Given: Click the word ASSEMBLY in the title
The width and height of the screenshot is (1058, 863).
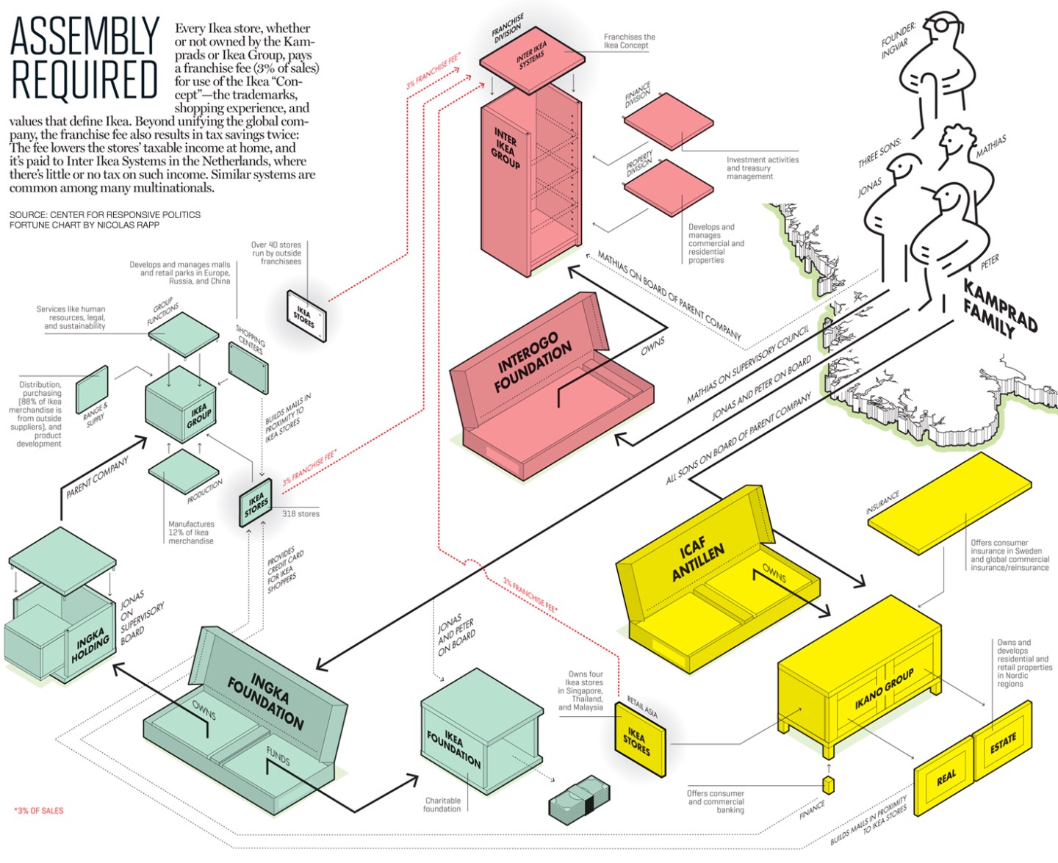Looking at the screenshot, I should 84,37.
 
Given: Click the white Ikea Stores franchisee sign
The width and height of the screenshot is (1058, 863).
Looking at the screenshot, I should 306,316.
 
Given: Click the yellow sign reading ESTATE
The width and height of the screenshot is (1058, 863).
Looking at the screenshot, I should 1002,742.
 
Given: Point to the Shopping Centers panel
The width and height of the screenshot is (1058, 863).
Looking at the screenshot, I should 248,367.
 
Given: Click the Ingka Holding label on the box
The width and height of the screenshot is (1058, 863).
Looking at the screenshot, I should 91,644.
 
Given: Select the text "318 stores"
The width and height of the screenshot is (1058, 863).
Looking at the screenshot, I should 301,514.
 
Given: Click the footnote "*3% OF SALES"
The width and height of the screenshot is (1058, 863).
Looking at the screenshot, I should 39,811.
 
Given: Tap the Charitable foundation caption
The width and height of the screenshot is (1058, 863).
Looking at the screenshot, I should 442,805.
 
